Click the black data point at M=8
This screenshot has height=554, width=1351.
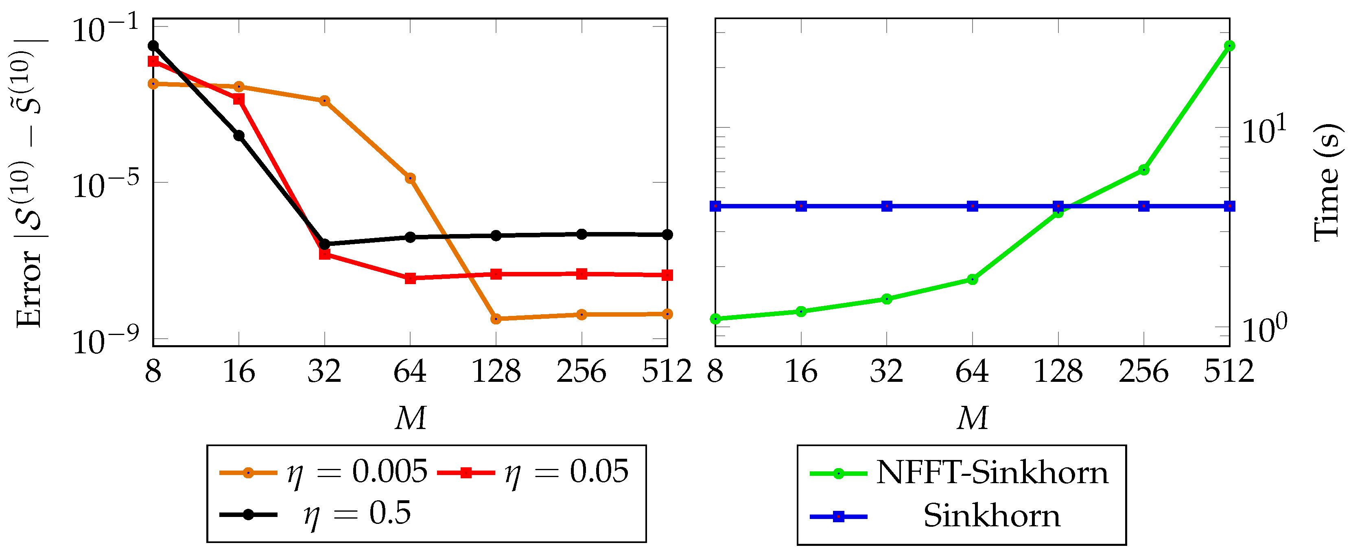click(x=153, y=46)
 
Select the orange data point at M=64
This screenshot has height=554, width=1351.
click(x=410, y=178)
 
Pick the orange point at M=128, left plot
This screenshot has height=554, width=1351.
click(x=496, y=318)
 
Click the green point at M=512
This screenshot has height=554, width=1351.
click(x=1229, y=46)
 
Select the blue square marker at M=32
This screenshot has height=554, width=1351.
click(x=887, y=206)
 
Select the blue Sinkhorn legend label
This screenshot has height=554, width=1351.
click(x=991, y=516)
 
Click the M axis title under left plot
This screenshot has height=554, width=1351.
click(x=410, y=418)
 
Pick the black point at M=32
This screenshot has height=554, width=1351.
click(x=325, y=244)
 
